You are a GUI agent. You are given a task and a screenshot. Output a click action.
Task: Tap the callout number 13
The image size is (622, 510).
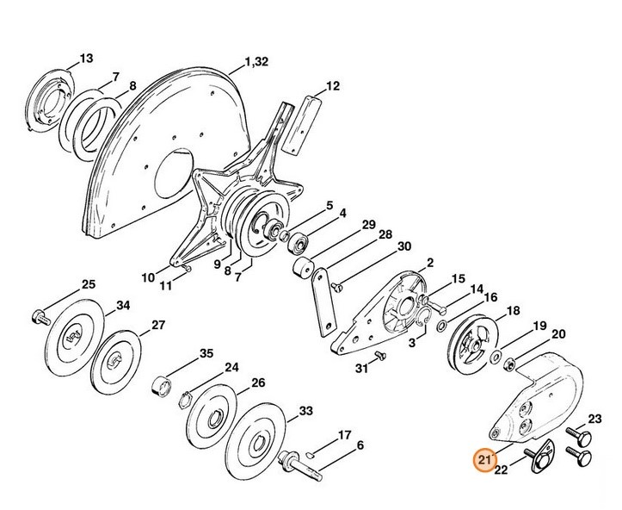[x=85, y=59]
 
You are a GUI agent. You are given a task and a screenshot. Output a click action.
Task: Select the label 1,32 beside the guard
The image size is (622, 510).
[x=257, y=61]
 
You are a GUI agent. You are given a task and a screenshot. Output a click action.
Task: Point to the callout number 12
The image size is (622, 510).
[x=333, y=86]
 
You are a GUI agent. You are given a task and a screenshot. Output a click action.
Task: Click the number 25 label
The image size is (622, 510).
[x=88, y=284]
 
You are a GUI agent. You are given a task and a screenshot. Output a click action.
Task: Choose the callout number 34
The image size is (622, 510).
[x=123, y=305]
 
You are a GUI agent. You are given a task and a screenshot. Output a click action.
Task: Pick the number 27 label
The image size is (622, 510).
[x=158, y=325]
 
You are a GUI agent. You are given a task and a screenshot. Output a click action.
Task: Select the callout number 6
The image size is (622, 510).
[x=360, y=445]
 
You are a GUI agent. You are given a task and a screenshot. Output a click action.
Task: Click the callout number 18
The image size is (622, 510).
[x=514, y=310]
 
